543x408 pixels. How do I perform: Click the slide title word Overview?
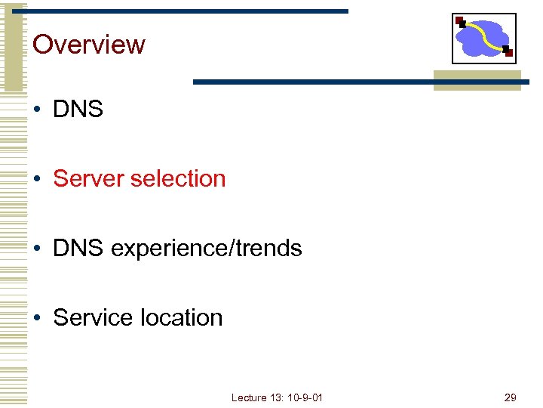click(89, 45)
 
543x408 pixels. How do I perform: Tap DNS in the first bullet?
click(78, 110)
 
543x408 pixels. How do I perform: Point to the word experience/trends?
click(206, 249)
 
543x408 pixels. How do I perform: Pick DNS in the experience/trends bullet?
click(78, 249)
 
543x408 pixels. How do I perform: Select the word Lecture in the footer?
click(248, 397)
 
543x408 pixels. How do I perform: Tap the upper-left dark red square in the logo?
click(459, 20)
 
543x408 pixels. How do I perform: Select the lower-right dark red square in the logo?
click(509, 53)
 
